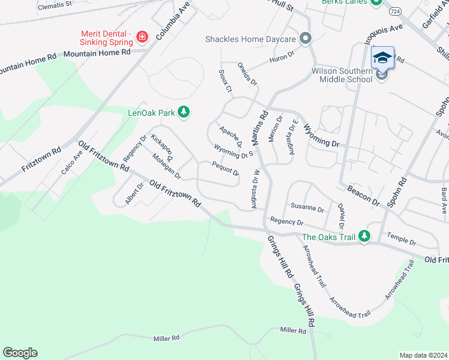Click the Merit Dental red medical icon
pos(142,38)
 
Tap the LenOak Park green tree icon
pos(184,112)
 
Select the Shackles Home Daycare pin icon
pos(306,39)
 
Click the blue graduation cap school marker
pos(382,58)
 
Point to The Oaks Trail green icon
pos(364,237)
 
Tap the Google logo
pos(20,353)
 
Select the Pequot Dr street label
pos(225,168)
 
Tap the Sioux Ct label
pos(224,81)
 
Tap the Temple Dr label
pos(402,238)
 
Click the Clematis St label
pos(55,6)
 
